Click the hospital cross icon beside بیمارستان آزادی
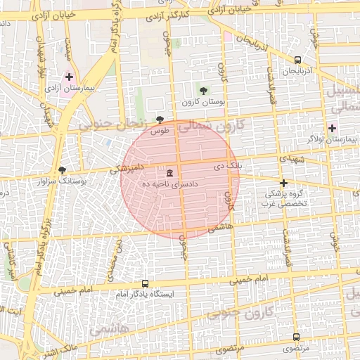[x=69, y=76]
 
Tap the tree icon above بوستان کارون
[x=203, y=90]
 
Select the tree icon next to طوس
[x=160, y=120]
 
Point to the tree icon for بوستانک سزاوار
[x=62, y=170]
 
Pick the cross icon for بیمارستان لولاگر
[x=332, y=128]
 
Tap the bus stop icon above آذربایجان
[x=297, y=60]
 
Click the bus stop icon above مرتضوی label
[x=296, y=337]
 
